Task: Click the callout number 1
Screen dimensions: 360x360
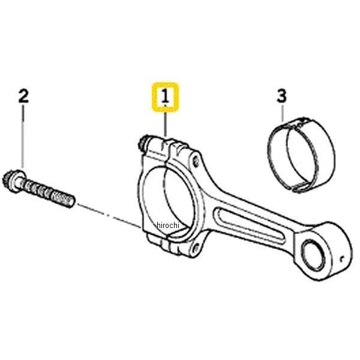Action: point(166,97)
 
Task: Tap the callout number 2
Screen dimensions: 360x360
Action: point(23,96)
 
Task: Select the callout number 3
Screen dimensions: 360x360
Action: point(282,96)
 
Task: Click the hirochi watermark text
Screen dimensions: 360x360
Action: point(167,225)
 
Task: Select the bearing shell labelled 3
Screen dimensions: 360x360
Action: point(301,155)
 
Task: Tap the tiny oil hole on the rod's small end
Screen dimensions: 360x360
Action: point(341,258)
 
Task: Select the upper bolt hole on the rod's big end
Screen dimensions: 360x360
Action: point(196,159)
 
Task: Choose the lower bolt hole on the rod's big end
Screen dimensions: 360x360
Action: point(196,248)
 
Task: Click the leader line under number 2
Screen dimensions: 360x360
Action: point(23,136)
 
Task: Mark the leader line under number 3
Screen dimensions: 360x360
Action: point(283,113)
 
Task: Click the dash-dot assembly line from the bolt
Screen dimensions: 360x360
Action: point(109,215)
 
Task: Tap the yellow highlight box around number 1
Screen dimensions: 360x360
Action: point(166,97)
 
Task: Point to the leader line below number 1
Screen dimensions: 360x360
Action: point(166,121)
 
